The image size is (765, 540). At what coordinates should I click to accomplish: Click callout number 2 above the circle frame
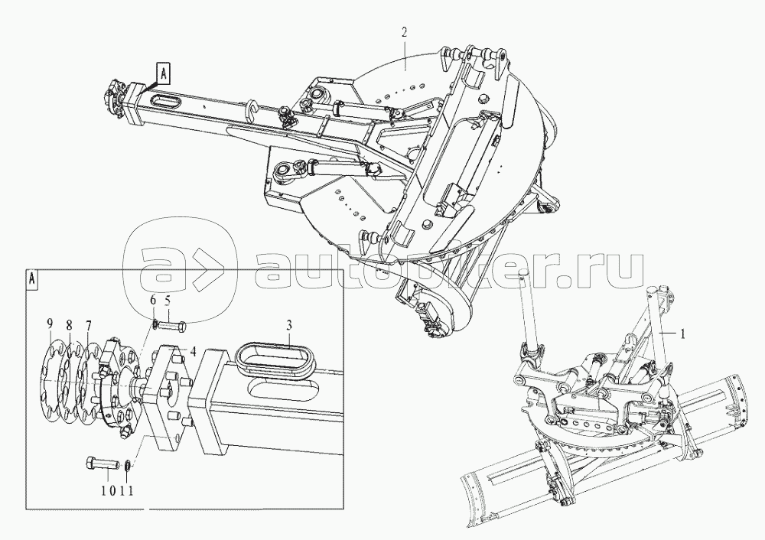coord(404,33)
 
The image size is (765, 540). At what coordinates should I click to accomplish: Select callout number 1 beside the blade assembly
coord(682,333)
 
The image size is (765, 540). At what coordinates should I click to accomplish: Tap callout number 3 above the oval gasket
coord(289,325)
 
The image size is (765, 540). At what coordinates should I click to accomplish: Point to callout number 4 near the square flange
coord(194,351)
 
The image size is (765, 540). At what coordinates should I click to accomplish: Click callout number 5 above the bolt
coord(168,301)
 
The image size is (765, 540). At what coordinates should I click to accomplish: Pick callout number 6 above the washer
coord(152,301)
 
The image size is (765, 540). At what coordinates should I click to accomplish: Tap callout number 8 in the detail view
coord(70,324)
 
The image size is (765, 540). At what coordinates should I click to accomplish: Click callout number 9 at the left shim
coord(50,324)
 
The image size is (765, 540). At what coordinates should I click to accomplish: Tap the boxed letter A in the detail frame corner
coord(31,278)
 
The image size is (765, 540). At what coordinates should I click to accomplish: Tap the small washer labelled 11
coord(127,465)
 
